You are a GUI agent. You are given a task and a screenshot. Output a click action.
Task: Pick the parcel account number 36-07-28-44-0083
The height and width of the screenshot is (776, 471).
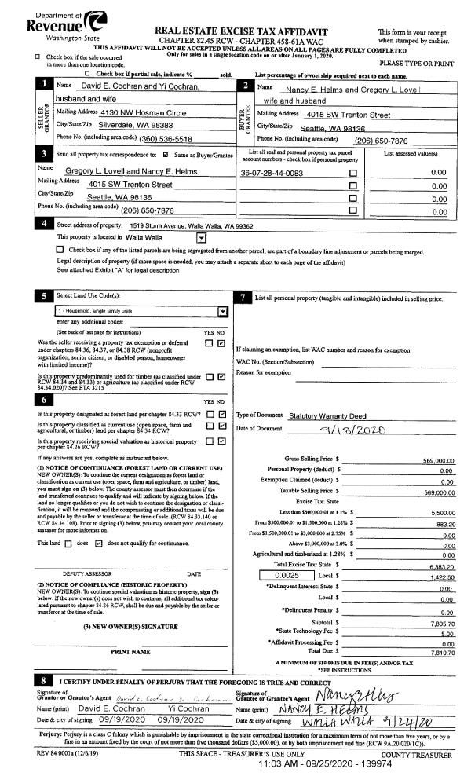coord(272,173)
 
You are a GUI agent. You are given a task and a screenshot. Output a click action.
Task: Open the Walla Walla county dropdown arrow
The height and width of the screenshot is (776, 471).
coord(202,236)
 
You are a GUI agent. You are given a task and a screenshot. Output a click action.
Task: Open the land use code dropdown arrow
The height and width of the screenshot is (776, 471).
coord(222,311)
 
